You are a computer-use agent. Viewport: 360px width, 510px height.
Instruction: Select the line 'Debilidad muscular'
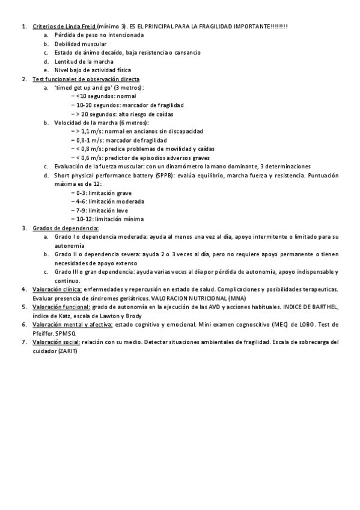(x=76, y=44)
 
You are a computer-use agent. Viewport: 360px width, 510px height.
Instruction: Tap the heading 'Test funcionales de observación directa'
(x=86, y=79)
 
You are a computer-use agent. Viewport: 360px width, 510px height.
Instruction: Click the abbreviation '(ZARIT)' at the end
(x=67, y=351)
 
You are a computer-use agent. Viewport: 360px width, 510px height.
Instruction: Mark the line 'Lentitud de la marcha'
(x=79, y=61)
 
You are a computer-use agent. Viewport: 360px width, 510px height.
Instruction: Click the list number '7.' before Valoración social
(x=23, y=342)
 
